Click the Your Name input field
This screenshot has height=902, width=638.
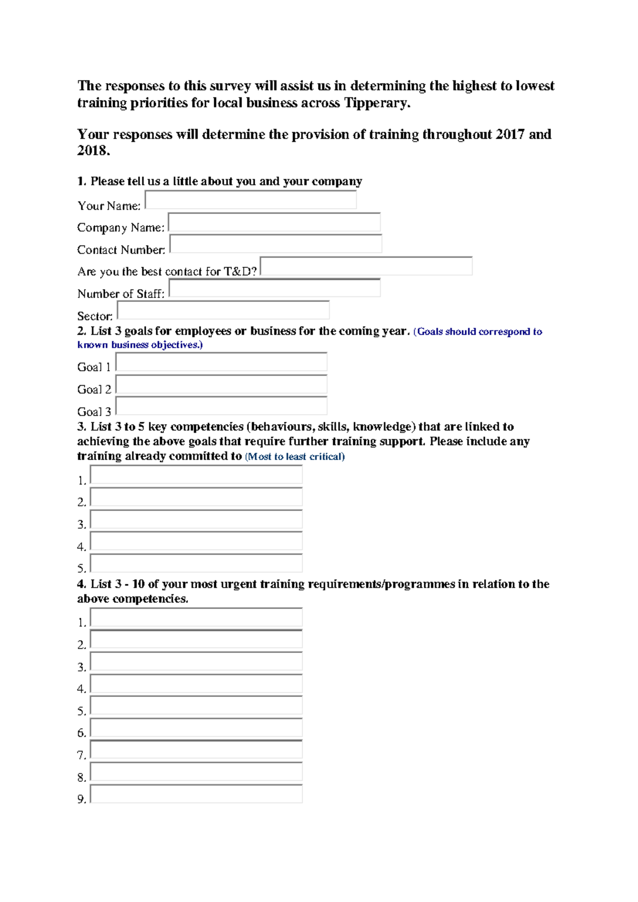pos(250,200)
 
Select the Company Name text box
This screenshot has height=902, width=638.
pos(274,222)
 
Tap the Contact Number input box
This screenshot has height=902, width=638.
pos(275,244)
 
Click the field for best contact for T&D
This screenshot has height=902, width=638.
pos(366,266)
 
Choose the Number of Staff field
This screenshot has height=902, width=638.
pos(274,288)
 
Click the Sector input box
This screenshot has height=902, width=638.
pos(223,311)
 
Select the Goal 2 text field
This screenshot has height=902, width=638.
pos(221,384)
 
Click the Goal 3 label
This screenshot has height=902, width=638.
pos(94,412)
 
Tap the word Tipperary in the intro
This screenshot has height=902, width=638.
pos(376,103)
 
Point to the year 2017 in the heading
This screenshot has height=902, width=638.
pos(510,134)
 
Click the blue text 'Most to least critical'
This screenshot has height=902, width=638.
pos(295,457)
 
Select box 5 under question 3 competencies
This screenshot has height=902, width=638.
pos(196,563)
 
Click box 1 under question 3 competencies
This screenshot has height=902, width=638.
pos(196,475)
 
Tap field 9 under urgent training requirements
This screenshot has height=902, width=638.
pos(196,794)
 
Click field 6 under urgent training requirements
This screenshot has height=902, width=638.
pos(196,727)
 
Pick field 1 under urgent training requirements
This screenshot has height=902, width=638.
pos(196,617)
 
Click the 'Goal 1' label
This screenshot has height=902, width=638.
pos(94,367)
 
